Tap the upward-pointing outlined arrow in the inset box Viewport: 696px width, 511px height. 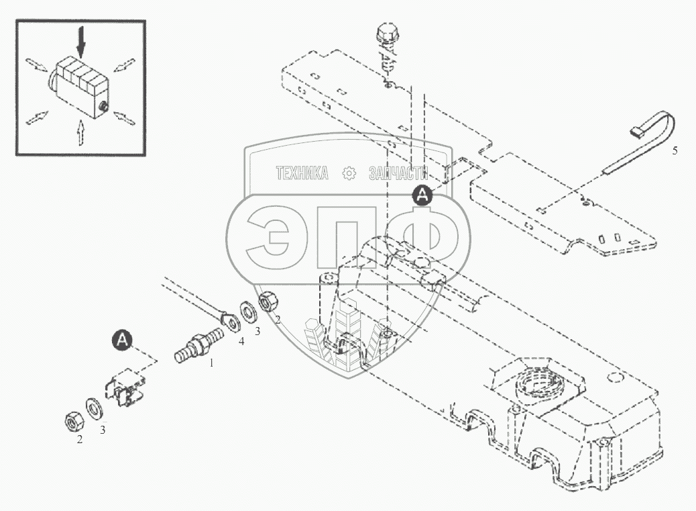pos(80,131)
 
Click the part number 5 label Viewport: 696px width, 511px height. pos(675,150)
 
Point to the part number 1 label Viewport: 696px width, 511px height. pos(212,363)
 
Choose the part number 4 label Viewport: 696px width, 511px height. pos(241,342)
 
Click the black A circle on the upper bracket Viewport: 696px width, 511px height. pos(422,195)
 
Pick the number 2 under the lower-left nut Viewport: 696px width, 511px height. pos(80,440)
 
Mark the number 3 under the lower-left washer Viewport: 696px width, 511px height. pos(103,430)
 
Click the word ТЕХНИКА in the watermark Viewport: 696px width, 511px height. pos(302,174)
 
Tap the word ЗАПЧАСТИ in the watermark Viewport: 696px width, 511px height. pos(397,174)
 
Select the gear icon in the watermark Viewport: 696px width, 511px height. pos(349,174)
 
